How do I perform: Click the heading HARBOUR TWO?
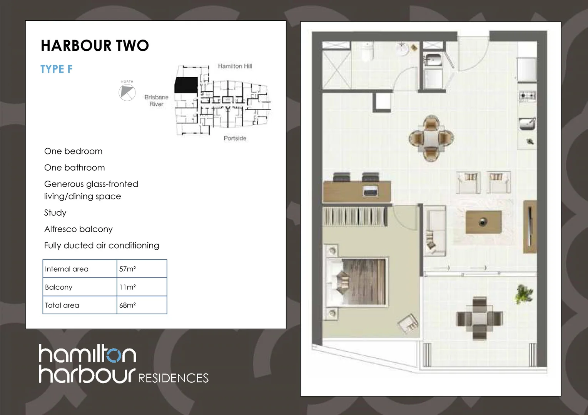[x=95, y=46]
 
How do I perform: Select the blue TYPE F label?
[x=57, y=69]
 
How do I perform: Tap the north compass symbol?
[x=127, y=92]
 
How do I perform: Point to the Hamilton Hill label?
[x=235, y=66]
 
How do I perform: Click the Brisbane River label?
[x=156, y=101]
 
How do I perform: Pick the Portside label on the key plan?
[x=235, y=138]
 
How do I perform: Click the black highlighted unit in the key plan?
[x=186, y=85]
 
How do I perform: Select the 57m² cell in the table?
[x=127, y=269]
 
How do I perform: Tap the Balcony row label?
[x=58, y=287]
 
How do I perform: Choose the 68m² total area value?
[x=127, y=305]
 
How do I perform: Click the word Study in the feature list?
[x=55, y=212]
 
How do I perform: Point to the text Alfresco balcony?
[x=79, y=229]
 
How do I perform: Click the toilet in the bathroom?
[x=367, y=52]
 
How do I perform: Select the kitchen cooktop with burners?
[x=527, y=96]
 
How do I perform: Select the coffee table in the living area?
[x=483, y=222]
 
